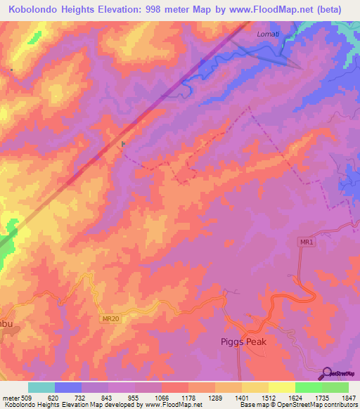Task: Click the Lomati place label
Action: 267,32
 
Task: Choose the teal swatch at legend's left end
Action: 41,387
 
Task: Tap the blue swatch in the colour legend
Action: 68,387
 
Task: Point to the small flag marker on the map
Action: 124,145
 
